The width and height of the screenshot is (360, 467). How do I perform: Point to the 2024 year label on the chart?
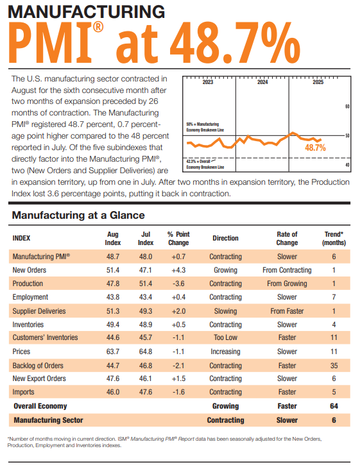click(262, 83)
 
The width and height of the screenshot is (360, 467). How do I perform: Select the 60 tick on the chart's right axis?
click(347, 106)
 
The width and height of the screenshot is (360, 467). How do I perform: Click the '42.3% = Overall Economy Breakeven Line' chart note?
click(203, 164)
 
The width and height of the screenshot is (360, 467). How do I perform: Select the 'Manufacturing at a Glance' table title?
click(78, 215)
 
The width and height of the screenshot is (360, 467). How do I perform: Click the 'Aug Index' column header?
click(113, 239)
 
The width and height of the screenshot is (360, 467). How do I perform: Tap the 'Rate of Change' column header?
click(287, 239)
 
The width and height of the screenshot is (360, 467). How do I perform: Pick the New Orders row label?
click(30, 270)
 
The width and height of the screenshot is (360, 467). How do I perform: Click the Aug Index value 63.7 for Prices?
click(113, 352)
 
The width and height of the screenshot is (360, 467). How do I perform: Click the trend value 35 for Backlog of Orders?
click(334, 365)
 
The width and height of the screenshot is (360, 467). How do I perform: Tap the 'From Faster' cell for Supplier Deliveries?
click(287, 310)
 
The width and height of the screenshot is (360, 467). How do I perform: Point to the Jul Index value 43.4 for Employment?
click(146, 297)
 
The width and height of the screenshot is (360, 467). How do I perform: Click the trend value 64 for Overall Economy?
click(334, 406)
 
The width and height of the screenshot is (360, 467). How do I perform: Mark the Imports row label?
click(24, 392)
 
